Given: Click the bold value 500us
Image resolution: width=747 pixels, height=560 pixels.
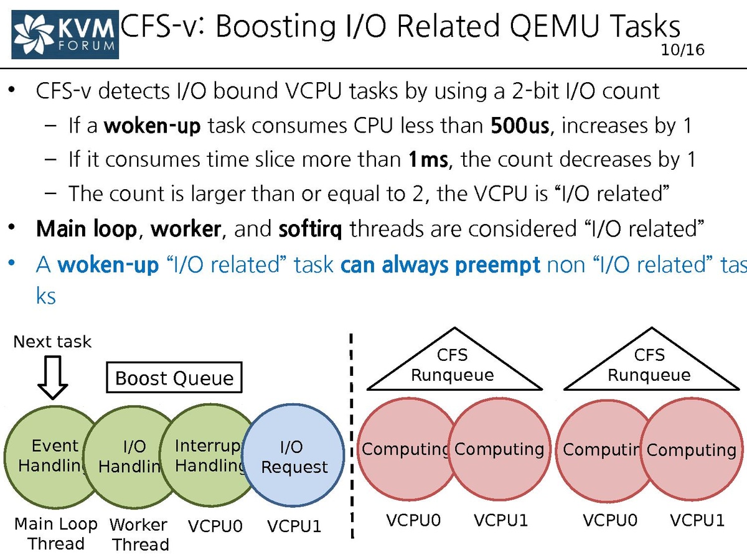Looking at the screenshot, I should pos(519,126).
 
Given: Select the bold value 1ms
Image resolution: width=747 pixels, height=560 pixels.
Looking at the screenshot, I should pos(428,160).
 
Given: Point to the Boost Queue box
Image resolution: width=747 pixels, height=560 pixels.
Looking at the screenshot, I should pos(174,378).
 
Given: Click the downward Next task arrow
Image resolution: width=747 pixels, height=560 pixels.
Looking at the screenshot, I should pos(53,377).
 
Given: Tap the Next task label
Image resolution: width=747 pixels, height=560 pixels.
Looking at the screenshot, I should pos(52,342).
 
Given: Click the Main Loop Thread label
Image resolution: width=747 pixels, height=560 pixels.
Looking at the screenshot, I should pos(56,534).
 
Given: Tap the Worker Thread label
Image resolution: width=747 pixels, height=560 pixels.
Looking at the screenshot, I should pos(139,534).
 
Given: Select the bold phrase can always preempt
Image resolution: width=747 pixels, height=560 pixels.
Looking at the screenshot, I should pos(441,265).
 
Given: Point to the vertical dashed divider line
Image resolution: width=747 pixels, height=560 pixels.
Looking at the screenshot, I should pos(352,436).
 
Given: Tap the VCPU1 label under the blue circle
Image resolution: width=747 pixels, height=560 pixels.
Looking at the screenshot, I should pos(294,526).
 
